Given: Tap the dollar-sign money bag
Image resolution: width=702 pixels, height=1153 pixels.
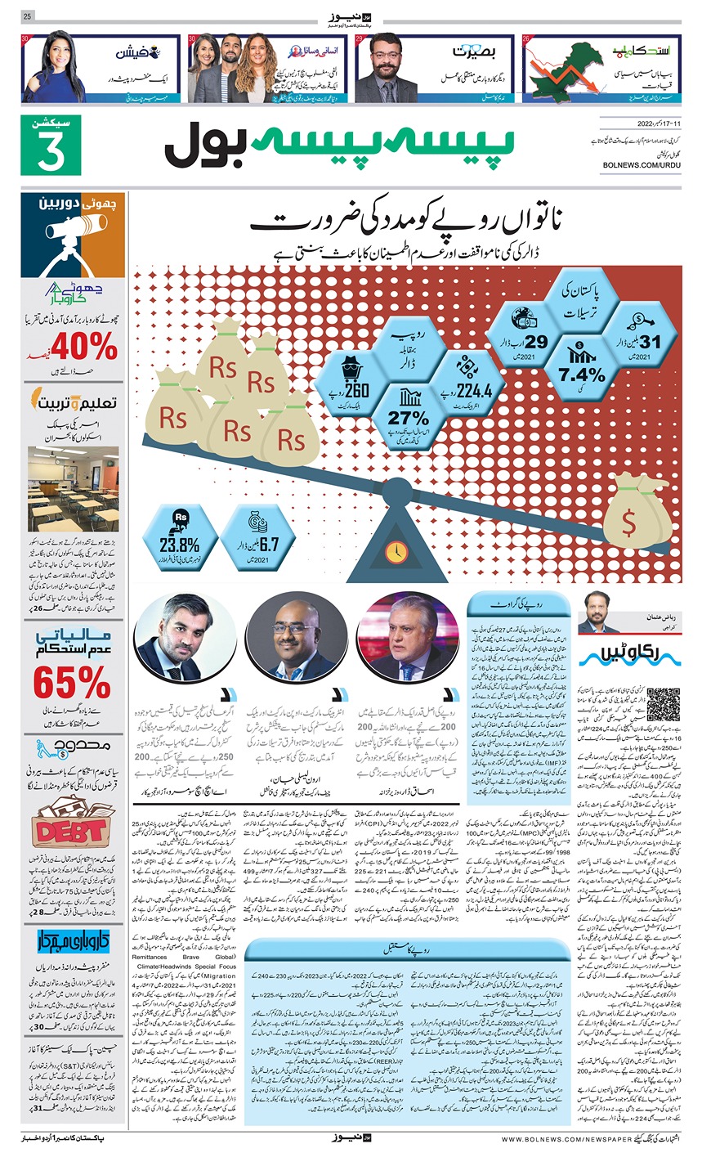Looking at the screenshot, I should point(629,514).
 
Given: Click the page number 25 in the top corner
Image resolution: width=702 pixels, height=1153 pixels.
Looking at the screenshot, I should point(27,16).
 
